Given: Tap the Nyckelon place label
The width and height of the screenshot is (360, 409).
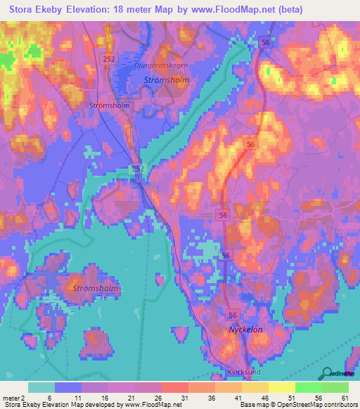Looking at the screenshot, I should pos(245,329).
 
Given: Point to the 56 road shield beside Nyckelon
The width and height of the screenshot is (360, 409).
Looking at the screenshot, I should pos(233,316).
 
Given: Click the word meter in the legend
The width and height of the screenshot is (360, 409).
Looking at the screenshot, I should pos(11,396).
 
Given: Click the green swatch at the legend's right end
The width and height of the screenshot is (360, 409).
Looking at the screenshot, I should pos(335,387).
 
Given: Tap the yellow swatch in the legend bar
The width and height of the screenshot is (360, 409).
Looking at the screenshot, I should pos(281,387).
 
